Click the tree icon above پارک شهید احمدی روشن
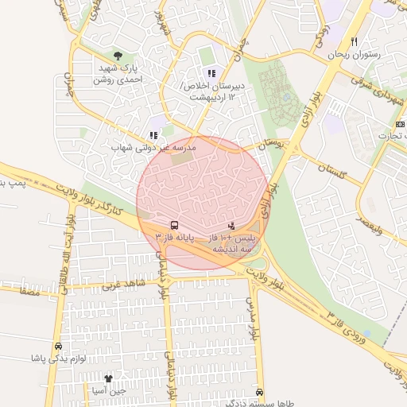tap(118, 56)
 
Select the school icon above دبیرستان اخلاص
tap(211, 73)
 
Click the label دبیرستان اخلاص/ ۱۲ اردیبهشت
tap(211, 90)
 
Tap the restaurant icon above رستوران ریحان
tap(355, 41)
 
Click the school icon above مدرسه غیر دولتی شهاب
tap(153, 136)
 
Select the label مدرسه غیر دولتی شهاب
tap(153, 149)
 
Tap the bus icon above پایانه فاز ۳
tap(174, 225)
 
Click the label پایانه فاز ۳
tap(174, 238)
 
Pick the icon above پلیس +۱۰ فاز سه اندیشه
tap(231, 225)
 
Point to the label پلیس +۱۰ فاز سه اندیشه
tap(231, 243)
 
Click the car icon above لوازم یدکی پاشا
tap(58, 347)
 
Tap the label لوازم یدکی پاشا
tap(58, 359)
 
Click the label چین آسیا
tap(109, 391)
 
